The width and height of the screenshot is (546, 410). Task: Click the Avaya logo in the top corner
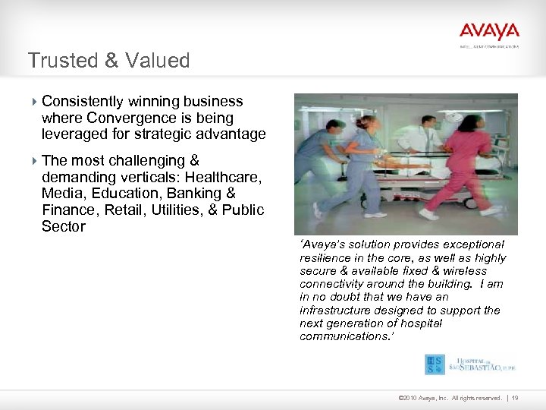coord(489,33)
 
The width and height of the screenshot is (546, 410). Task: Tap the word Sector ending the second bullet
coord(64,226)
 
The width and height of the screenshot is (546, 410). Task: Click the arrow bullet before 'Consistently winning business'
coord(34,102)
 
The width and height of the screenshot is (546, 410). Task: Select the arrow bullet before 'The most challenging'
coord(34,161)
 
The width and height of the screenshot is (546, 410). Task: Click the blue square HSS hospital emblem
coord(435,364)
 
